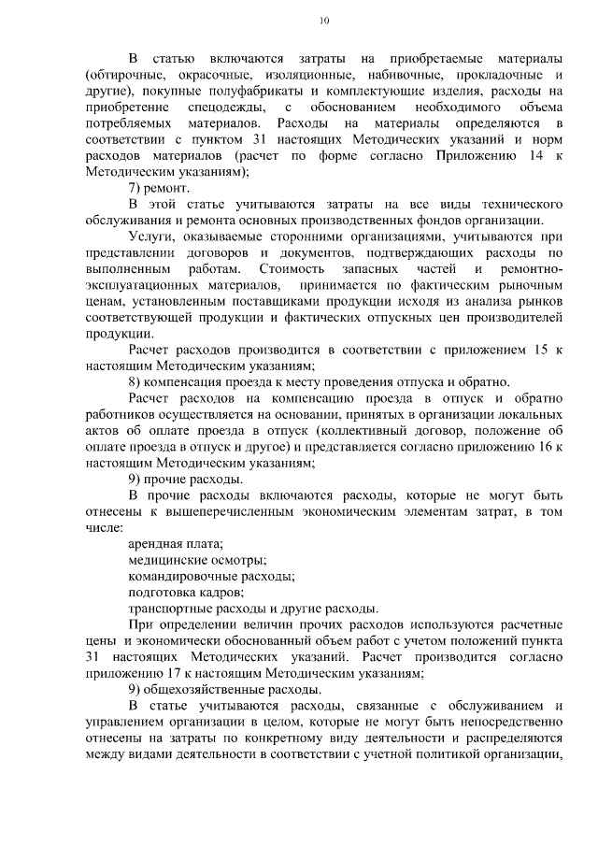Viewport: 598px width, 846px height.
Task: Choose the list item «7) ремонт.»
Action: point(159,187)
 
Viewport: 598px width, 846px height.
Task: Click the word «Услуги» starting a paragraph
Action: point(150,237)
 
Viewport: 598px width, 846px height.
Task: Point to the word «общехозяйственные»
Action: point(214,690)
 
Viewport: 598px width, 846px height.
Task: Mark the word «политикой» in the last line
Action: point(458,755)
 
